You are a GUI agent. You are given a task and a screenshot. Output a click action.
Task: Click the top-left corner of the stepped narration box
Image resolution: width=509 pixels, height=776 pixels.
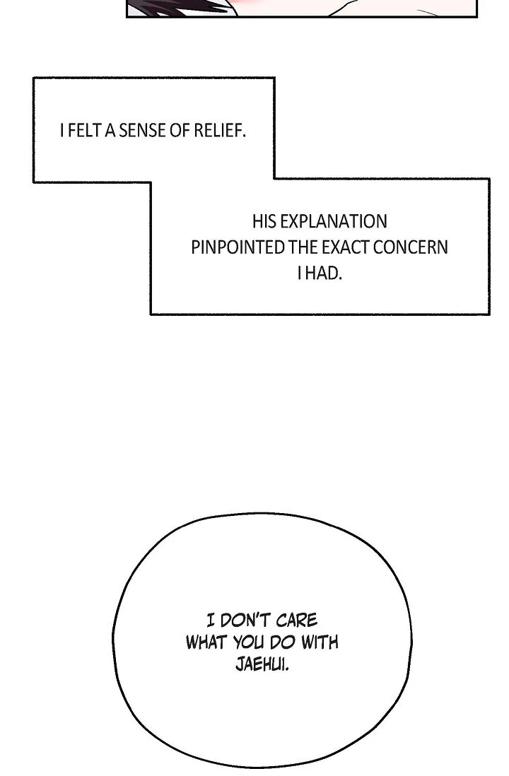click(x=34, y=78)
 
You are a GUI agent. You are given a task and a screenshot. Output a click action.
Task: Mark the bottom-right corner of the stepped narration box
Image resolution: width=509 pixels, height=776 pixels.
click(x=489, y=314)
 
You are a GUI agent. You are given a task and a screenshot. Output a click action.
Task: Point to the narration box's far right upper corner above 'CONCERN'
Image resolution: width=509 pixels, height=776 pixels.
click(x=489, y=179)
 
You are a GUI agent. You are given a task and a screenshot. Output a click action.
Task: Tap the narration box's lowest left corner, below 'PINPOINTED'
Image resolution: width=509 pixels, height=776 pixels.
click(x=151, y=314)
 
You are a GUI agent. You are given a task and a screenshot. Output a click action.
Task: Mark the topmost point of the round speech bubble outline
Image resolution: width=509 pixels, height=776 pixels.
click(x=262, y=513)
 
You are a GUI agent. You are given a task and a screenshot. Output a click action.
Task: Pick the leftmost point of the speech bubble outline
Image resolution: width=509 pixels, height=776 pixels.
click(x=113, y=638)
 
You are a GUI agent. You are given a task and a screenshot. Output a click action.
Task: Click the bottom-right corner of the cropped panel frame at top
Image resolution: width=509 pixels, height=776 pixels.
click(x=476, y=17)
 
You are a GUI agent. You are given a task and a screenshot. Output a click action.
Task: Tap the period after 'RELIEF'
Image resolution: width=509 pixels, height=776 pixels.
click(x=244, y=136)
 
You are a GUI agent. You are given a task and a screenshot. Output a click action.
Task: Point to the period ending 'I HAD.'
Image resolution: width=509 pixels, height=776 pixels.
click(x=340, y=278)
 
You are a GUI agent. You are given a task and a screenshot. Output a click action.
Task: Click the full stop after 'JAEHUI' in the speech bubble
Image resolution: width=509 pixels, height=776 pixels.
click(x=288, y=669)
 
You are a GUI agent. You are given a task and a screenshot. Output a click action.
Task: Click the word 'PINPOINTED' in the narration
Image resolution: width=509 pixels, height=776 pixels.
click(x=238, y=247)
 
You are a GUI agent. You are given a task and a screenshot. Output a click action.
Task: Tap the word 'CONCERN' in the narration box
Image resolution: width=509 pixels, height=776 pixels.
click(x=411, y=247)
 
